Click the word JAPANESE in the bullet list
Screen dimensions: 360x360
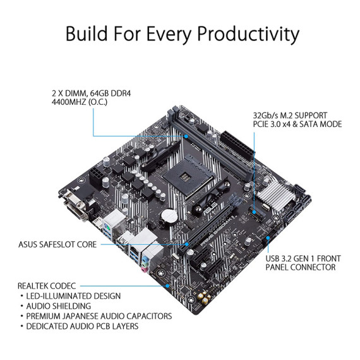click(95, 316)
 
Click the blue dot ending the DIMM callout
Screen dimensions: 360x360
click(188, 136)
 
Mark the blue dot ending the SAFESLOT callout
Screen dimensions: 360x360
click(188, 244)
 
